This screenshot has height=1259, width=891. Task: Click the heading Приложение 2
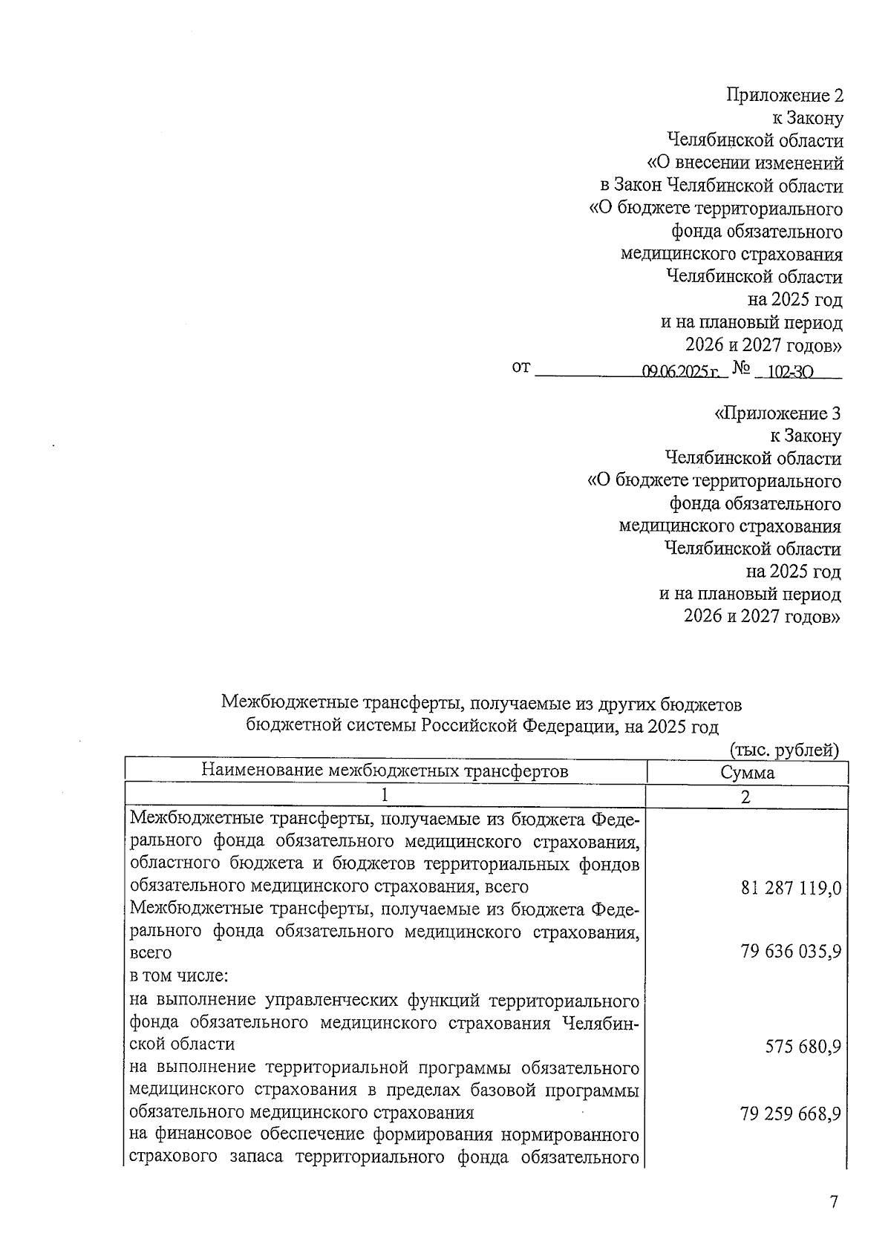click(x=785, y=95)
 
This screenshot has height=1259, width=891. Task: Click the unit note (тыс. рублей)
click(x=785, y=750)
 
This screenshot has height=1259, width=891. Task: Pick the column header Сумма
click(x=747, y=772)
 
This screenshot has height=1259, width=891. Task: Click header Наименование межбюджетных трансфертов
click(x=385, y=771)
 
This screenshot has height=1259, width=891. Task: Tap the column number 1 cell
click(x=385, y=796)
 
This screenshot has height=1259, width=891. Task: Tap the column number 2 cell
click(x=746, y=797)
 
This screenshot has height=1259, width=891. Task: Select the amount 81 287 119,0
click(x=791, y=888)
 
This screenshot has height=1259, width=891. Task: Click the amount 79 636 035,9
click(x=791, y=951)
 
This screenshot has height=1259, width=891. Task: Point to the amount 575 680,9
click(x=803, y=1047)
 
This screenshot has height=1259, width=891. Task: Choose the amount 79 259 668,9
click(x=791, y=1114)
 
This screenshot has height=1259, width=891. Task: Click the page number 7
click(x=834, y=1203)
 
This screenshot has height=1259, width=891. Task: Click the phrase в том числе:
click(x=172, y=975)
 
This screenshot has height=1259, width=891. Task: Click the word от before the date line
click(x=521, y=367)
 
